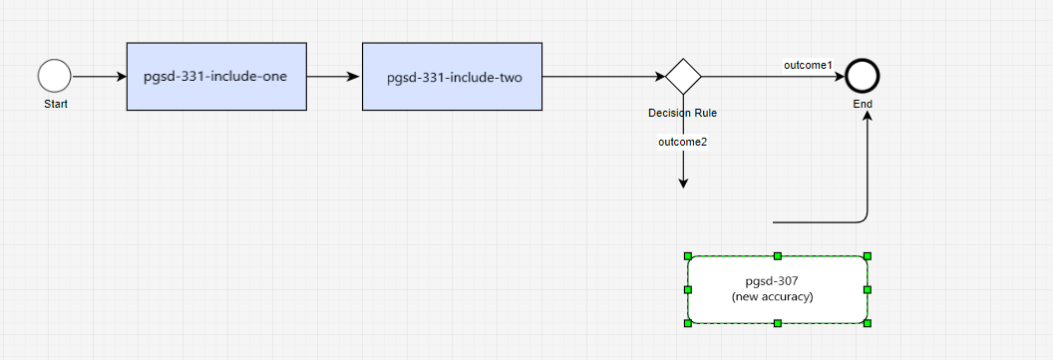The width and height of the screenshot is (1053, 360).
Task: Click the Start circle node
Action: tap(55, 76)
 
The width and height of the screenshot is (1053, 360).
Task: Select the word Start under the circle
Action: tap(56, 104)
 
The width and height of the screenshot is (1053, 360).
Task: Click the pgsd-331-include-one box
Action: tap(217, 77)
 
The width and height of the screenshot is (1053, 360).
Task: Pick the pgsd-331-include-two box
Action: tap(452, 77)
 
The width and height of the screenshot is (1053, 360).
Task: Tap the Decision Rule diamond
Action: tap(684, 77)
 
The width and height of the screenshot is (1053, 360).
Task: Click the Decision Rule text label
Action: tap(682, 113)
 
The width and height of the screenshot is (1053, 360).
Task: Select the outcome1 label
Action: tap(808, 65)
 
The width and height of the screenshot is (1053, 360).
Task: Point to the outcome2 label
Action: tap(683, 142)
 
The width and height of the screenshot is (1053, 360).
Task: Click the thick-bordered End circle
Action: tap(863, 77)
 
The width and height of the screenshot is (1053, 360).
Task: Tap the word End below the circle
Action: tap(863, 104)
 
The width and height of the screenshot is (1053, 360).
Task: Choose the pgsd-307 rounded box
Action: tap(778, 289)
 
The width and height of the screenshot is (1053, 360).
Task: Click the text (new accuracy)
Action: tap(772, 297)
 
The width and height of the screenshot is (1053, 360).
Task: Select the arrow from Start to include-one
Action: tap(100, 77)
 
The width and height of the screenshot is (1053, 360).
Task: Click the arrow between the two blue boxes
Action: tap(334, 77)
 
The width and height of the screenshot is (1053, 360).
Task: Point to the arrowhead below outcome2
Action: tap(684, 183)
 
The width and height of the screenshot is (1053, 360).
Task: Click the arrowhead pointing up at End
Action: tap(868, 117)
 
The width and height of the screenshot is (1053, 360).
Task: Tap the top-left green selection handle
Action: tap(688, 256)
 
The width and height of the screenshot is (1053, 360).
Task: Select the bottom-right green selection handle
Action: tap(868, 323)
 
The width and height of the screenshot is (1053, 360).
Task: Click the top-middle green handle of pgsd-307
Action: tap(778, 256)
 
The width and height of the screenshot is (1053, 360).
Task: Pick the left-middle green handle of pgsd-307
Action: tap(688, 289)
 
